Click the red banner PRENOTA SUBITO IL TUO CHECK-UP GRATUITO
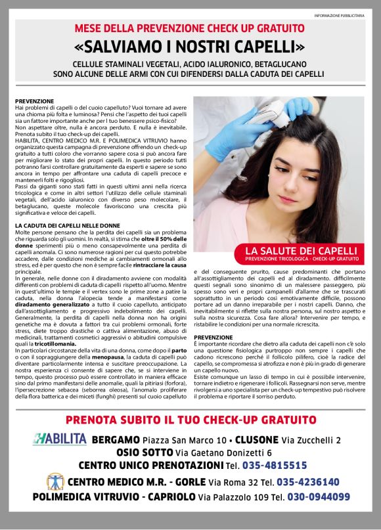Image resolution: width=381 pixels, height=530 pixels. tap(190, 420)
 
